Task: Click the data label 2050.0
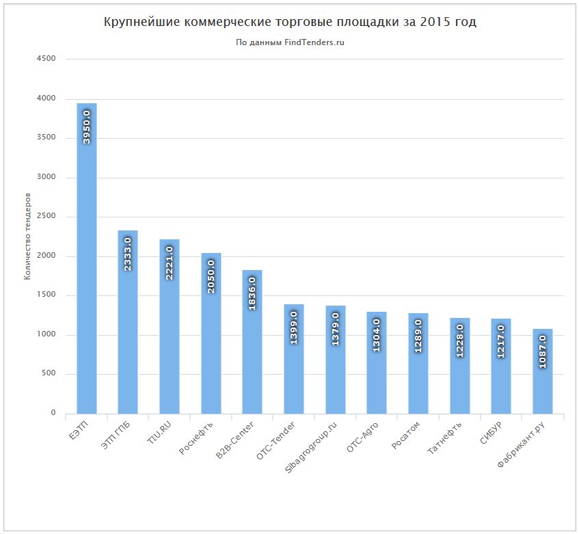(x=211, y=276)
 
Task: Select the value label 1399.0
(x=294, y=328)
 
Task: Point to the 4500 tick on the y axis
(x=46, y=59)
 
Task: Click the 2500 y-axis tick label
(x=46, y=217)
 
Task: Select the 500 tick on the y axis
(x=48, y=374)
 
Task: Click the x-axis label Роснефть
(x=197, y=436)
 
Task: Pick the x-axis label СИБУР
(x=491, y=433)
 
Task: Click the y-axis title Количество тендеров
(x=27, y=236)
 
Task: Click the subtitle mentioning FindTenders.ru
(x=290, y=42)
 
